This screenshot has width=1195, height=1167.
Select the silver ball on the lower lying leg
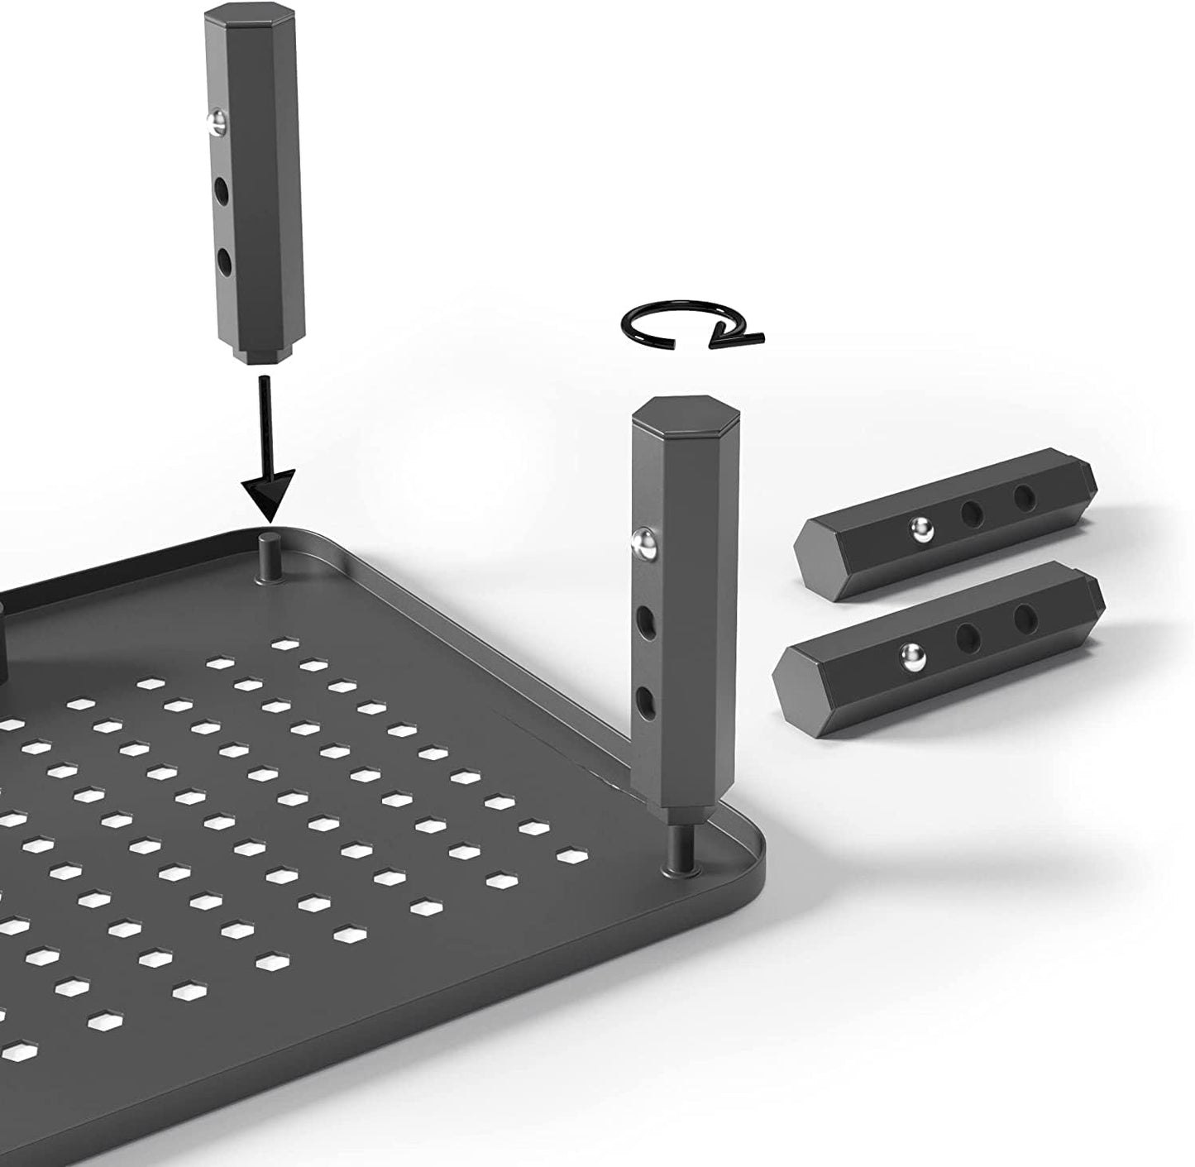click(911, 656)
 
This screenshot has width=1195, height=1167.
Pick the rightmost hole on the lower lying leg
click(1026, 616)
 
